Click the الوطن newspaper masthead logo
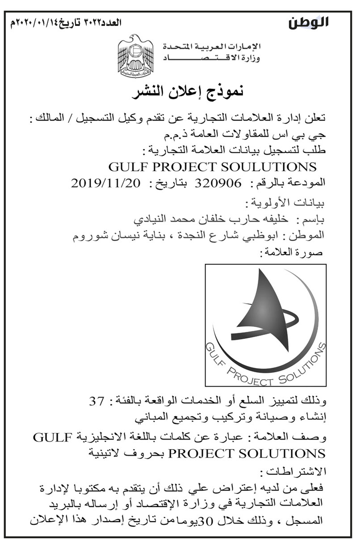click(308, 22)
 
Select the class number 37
click(96, 402)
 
